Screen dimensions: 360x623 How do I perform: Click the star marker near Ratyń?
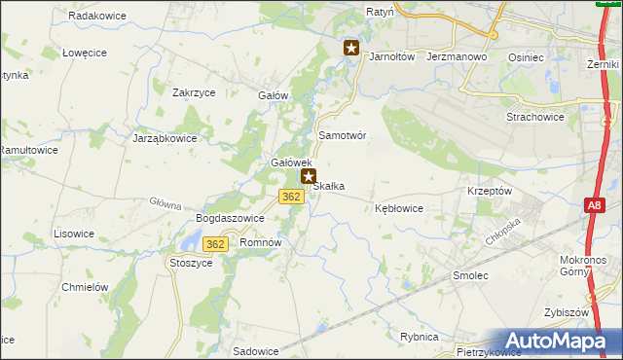click(x=351, y=47)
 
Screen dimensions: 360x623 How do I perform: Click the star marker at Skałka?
click(x=309, y=177)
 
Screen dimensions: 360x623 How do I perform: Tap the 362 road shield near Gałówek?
click(x=290, y=197)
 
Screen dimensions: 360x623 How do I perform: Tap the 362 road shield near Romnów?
click(x=216, y=243)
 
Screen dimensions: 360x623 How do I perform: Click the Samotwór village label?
click(x=343, y=136)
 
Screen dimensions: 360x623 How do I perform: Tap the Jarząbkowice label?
click(x=165, y=138)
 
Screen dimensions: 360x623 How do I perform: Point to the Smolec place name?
click(x=470, y=276)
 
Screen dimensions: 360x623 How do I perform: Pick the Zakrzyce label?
click(x=193, y=92)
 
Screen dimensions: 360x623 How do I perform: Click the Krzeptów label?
click(x=490, y=192)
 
